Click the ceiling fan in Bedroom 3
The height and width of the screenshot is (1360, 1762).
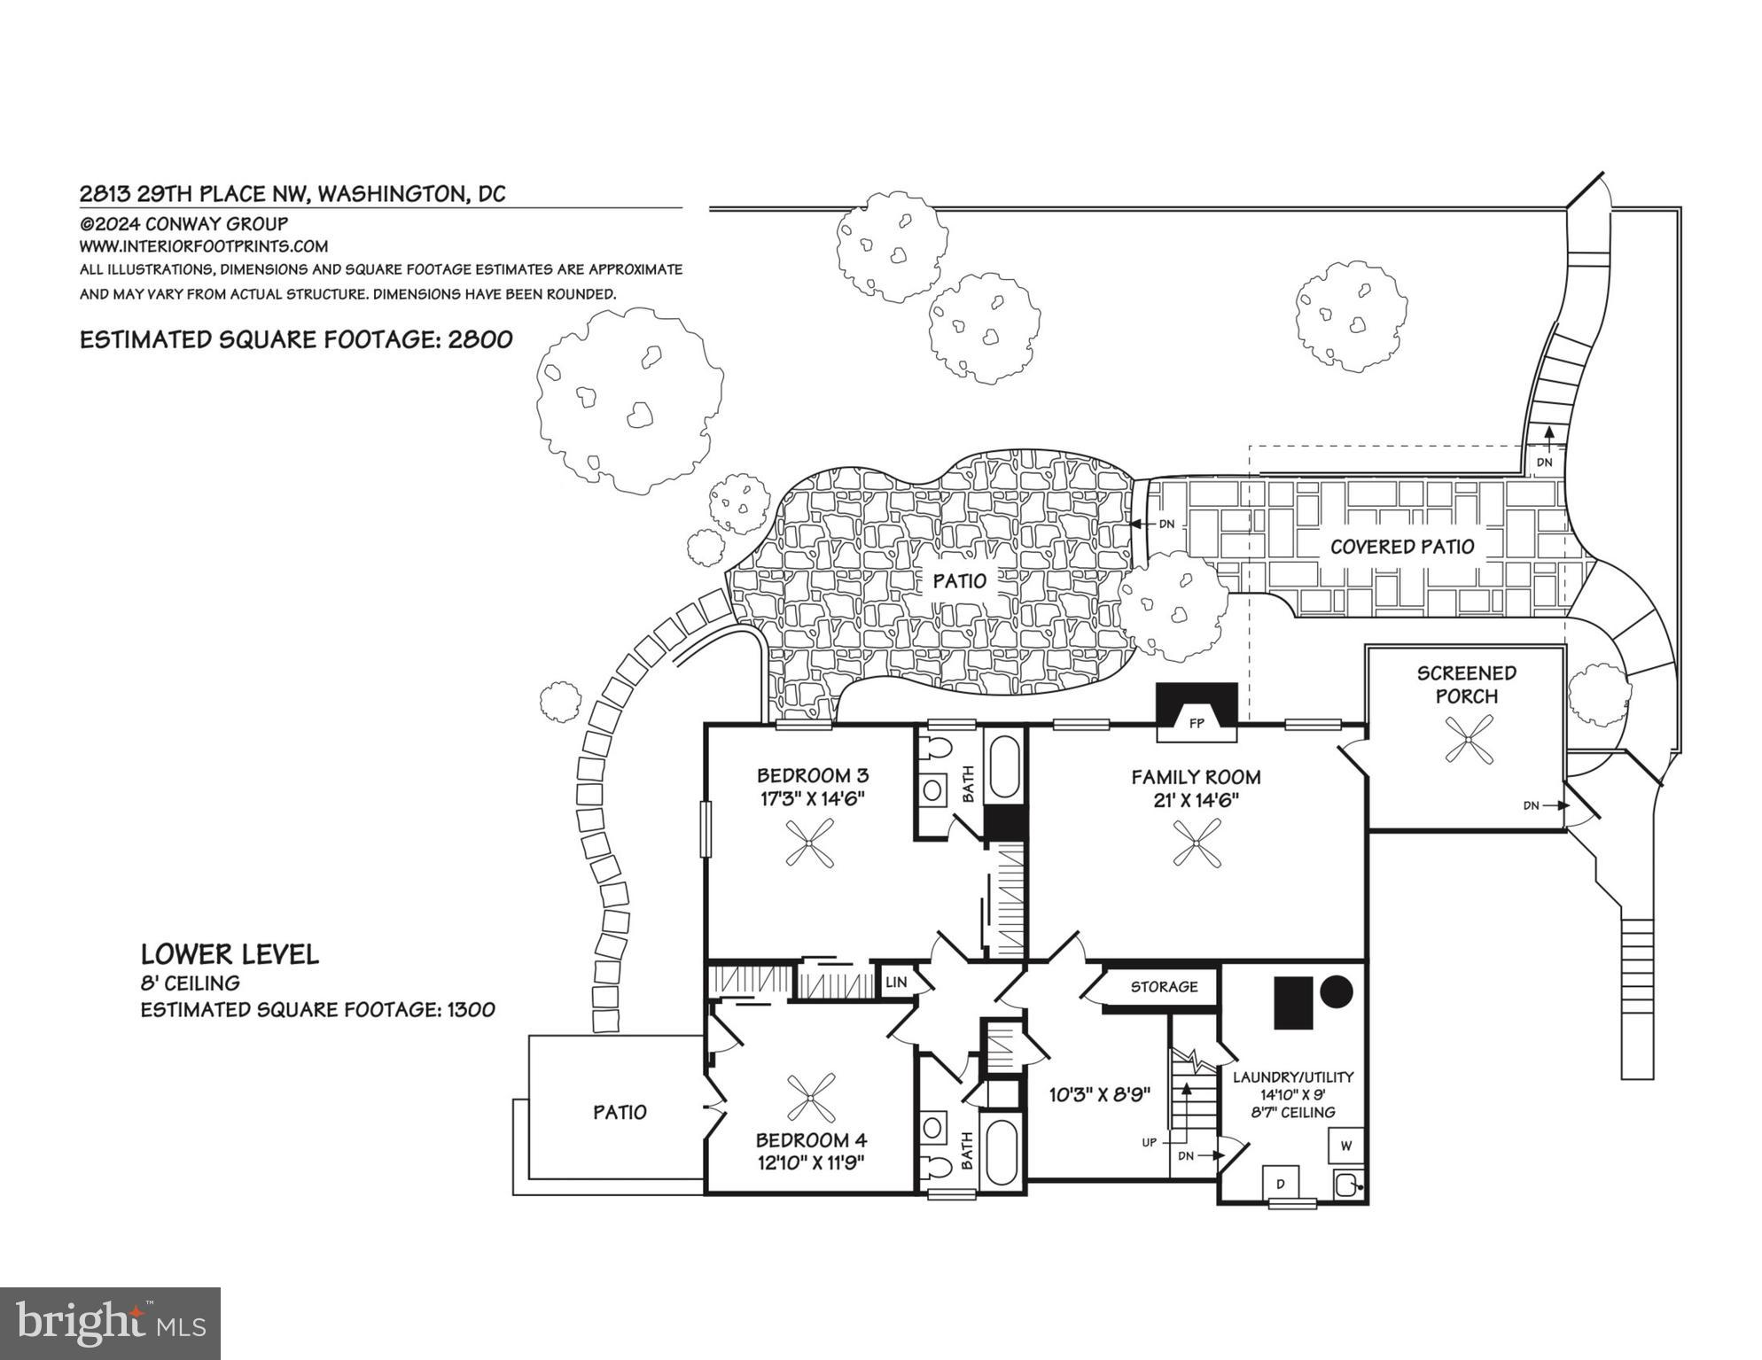[x=809, y=843]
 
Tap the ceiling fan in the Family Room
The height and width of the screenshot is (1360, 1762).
[x=1197, y=843]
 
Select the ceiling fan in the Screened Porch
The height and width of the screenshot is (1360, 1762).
[x=1468, y=739]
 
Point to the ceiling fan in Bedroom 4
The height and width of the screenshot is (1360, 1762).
[x=810, y=1099]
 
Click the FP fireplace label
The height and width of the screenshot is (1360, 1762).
[x=1197, y=724]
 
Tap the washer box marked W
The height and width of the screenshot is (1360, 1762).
[x=1346, y=1146]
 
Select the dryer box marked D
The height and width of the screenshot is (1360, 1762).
[x=1281, y=1183]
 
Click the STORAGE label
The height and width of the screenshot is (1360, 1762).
[x=1164, y=987]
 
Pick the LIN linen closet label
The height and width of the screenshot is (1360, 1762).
[x=896, y=983]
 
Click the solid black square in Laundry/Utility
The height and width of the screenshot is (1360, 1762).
[x=1293, y=1003]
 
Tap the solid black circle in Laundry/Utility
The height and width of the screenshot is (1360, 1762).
[x=1337, y=991]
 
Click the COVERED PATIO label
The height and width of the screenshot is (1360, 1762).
[x=1402, y=547]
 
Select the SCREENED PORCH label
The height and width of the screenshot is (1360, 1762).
[x=1467, y=685]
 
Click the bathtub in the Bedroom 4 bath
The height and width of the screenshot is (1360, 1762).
[x=1003, y=1152]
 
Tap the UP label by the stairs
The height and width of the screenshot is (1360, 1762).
[x=1149, y=1143]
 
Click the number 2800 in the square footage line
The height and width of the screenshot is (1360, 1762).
[x=480, y=340]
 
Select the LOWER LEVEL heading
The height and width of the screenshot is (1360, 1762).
[x=230, y=954]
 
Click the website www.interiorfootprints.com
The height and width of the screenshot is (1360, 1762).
[x=204, y=246]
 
